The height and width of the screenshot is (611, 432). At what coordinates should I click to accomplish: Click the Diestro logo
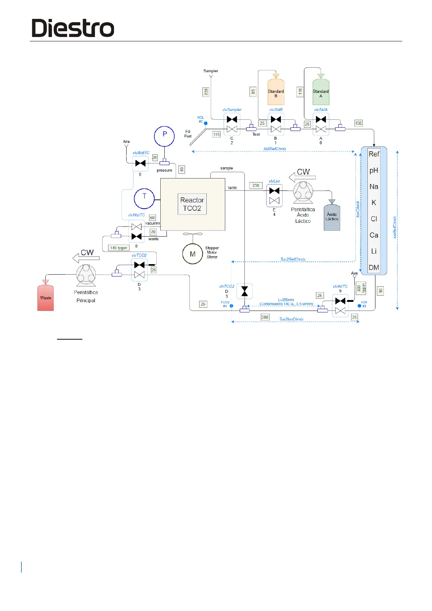coord(73,28)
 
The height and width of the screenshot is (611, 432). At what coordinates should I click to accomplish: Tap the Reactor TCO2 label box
coord(192,204)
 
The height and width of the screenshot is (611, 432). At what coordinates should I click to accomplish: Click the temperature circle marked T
coord(144,198)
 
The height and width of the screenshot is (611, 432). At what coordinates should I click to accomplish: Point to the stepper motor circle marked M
coord(192,254)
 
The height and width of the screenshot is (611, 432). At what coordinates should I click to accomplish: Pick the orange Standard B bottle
coord(276,92)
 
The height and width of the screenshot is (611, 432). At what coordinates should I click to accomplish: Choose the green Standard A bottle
coord(321,92)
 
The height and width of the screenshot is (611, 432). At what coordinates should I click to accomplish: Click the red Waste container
coord(46,298)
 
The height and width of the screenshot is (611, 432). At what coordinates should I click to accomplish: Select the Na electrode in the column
coord(374,186)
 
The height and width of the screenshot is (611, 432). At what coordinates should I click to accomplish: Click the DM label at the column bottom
coord(374,268)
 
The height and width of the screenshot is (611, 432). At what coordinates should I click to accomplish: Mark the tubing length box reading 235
coord(206,92)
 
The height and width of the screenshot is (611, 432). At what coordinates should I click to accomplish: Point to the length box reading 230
coord(256,185)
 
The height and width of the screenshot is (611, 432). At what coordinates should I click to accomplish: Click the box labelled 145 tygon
coord(119,248)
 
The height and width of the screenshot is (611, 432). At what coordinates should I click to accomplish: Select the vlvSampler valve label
coord(232,110)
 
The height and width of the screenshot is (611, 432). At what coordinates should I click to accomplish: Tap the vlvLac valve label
coord(274,181)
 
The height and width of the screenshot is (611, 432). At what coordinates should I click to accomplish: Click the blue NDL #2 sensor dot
coord(206,123)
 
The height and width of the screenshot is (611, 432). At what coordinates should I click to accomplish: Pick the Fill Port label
coord(188,134)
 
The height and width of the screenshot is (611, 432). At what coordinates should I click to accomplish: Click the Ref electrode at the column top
coord(374,154)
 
